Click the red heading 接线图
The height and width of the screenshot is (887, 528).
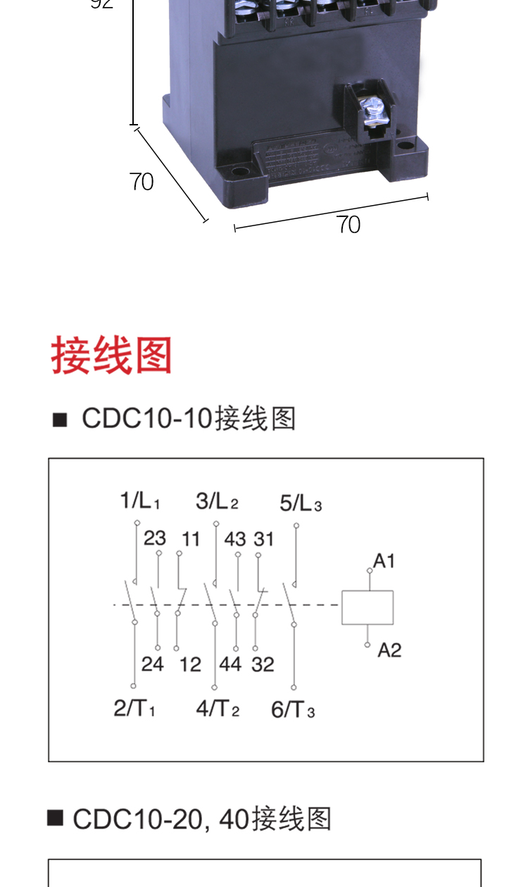(112, 356)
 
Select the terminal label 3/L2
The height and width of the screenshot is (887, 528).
(217, 502)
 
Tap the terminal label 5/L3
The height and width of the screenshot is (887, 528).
(301, 503)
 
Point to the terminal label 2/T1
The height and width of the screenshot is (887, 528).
(134, 708)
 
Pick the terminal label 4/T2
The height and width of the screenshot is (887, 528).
(218, 708)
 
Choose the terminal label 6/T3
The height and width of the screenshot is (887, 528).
(293, 709)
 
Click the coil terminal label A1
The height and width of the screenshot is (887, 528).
(384, 561)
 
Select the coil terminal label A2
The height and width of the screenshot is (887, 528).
(389, 650)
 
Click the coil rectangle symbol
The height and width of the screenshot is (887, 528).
(367, 607)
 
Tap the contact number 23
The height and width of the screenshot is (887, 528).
(155, 539)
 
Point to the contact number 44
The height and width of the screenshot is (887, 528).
(230, 664)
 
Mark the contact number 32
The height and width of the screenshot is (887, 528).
(263, 664)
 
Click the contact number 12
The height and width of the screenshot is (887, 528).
(190, 664)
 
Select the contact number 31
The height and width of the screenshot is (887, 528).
(264, 539)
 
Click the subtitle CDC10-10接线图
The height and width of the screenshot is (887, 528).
(189, 418)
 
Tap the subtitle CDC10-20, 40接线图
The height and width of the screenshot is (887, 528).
(201, 819)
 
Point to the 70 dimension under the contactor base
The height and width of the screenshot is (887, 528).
(348, 224)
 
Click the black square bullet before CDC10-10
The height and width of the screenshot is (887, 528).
(60, 420)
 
